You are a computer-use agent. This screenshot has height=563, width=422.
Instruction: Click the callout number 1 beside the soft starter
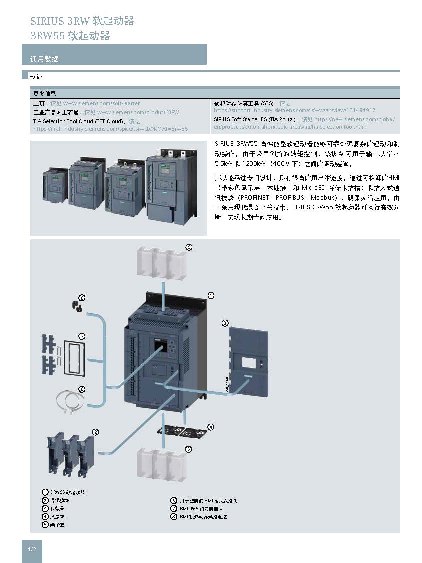211,296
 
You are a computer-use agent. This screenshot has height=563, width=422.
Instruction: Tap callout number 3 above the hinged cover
225,323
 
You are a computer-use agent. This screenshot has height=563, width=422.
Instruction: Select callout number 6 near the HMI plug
82,298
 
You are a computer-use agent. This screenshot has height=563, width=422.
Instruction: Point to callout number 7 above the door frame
82,336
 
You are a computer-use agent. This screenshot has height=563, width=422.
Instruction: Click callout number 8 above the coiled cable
82,389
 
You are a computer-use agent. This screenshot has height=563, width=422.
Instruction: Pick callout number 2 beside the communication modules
95,431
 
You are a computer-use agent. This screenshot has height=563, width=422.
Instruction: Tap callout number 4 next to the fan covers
211,427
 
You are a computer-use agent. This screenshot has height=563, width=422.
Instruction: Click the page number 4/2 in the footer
32,549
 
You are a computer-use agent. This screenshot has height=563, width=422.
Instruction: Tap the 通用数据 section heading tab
44,59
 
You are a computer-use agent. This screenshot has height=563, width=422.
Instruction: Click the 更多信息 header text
44,93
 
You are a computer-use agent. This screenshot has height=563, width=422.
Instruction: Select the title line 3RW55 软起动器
70,36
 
